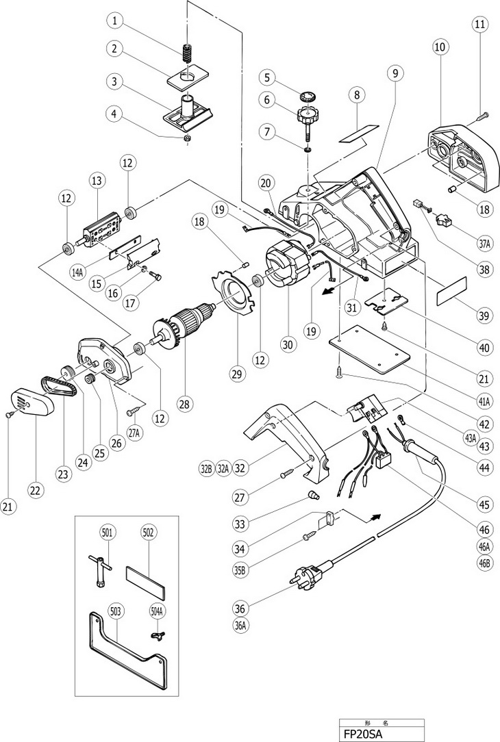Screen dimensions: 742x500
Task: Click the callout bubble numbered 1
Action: [x=115, y=21]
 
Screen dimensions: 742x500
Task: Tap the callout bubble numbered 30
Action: [x=288, y=345]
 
